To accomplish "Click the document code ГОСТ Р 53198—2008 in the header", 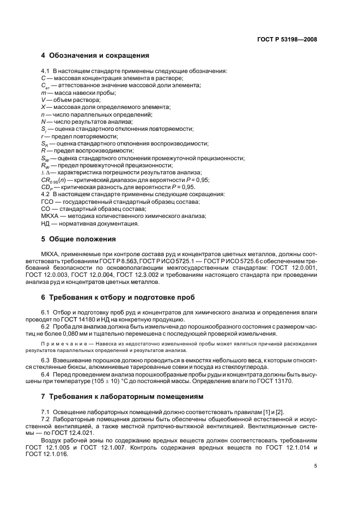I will [288, 39].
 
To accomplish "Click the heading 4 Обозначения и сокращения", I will [95, 55].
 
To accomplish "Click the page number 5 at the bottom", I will [315, 466].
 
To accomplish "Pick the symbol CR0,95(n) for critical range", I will [55, 180].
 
